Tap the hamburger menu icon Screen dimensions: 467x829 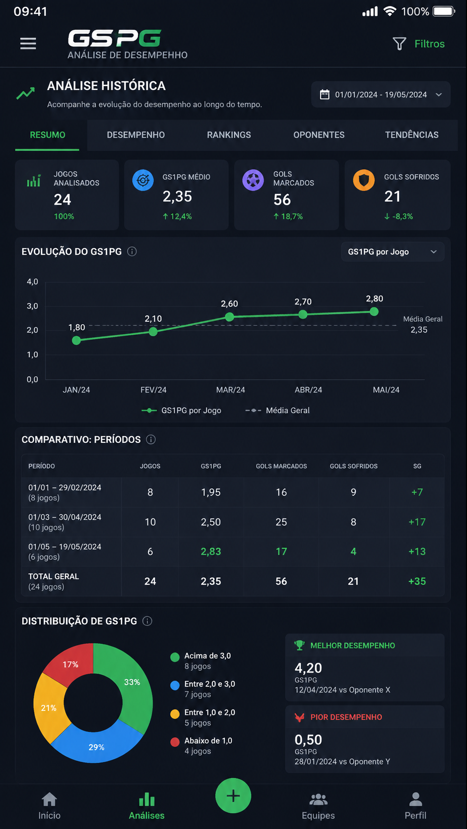click(x=28, y=43)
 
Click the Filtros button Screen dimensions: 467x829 click(x=418, y=44)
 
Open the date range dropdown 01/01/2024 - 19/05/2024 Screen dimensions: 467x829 click(x=381, y=94)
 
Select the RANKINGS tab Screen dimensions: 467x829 click(x=229, y=135)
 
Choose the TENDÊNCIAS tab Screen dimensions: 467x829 click(x=411, y=135)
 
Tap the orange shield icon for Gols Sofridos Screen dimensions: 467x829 click(x=364, y=180)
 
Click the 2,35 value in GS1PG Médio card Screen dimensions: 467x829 click(x=177, y=196)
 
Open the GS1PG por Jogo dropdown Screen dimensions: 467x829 click(x=393, y=252)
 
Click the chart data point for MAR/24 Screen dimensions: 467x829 click(x=230, y=317)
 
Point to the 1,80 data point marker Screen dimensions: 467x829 click(x=76, y=340)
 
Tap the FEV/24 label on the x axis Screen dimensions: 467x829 click(x=153, y=390)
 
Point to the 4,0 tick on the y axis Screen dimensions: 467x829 click(x=32, y=282)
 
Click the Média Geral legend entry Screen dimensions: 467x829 click(x=277, y=411)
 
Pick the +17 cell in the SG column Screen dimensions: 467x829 click(x=417, y=522)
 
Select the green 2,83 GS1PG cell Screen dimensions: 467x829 click(x=211, y=551)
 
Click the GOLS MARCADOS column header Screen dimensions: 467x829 click(x=281, y=466)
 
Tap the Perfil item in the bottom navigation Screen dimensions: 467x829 click(x=415, y=806)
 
